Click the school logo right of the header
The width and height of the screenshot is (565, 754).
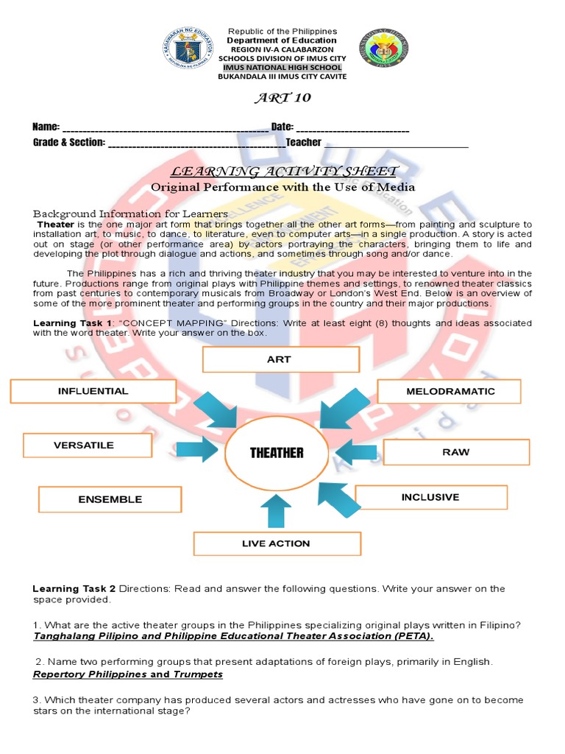coord(383,49)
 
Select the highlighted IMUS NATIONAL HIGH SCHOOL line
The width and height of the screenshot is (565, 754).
coord(282,68)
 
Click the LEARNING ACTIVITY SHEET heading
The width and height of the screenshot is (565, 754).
coord(284,172)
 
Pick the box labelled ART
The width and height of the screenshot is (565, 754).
coord(280,359)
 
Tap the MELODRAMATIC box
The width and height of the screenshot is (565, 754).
coord(449,391)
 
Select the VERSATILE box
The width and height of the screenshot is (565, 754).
coord(87,445)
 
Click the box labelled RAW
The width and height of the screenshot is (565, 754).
coord(456,451)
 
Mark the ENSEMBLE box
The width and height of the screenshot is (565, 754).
coord(110,499)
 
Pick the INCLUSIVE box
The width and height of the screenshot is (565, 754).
coord(430,497)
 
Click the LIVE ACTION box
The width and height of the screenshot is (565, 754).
coord(277,543)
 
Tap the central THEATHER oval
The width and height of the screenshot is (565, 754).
coord(277,453)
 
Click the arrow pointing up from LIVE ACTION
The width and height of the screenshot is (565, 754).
coord(277,510)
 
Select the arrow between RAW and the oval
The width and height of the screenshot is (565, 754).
coord(355,451)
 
